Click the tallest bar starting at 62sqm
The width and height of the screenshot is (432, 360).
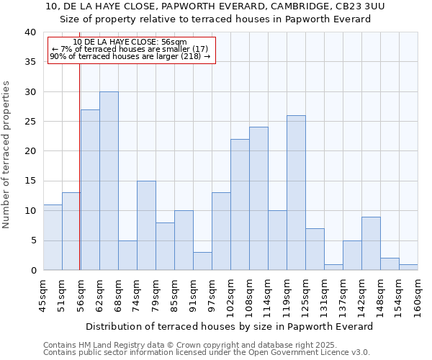click(109, 181)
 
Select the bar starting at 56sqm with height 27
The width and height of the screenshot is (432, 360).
click(90, 190)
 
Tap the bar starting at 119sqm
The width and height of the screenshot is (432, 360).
click(296, 193)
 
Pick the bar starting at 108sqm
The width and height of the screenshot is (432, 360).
click(258, 199)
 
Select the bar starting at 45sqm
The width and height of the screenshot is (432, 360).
click(53, 238)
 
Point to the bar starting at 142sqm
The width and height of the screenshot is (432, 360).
click(371, 243)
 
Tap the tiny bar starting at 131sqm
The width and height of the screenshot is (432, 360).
click(333, 267)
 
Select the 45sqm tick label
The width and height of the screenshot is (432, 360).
click(43, 295)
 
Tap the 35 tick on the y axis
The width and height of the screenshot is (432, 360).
click(30, 62)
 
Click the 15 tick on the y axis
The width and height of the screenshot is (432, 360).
click(30, 181)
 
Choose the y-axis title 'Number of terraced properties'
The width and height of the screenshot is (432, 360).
click(6, 155)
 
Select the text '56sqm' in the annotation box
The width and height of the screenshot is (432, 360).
click(174, 42)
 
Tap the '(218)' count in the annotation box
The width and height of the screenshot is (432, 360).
click(191, 56)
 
